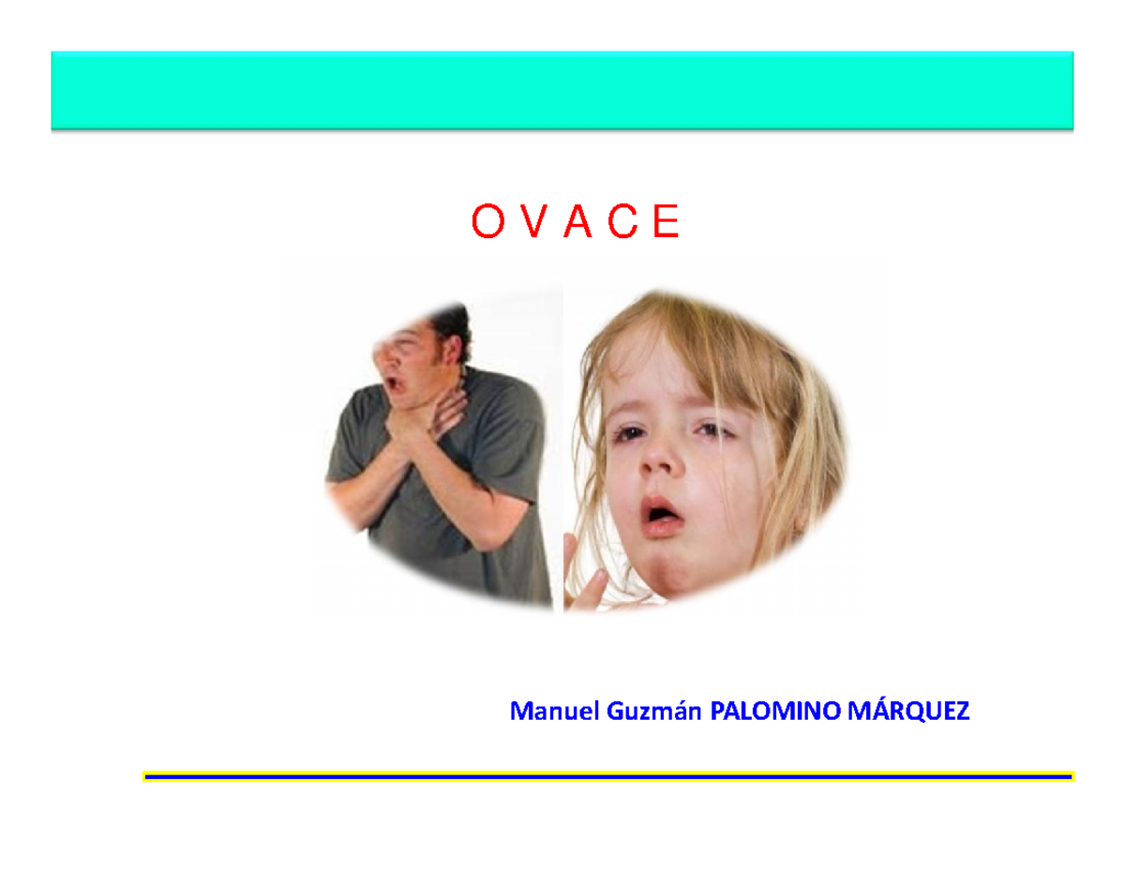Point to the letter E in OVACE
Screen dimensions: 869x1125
[x=666, y=223]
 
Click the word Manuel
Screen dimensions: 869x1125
[x=553, y=712]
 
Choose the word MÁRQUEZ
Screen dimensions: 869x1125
[x=908, y=712]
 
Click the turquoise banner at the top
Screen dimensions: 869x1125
[x=562, y=90]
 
